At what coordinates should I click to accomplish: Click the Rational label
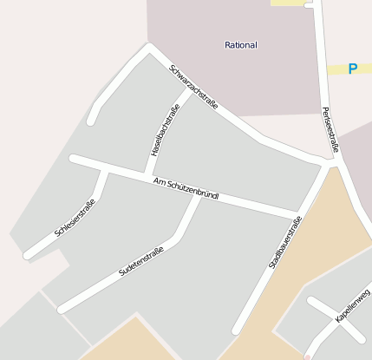click(x=240, y=44)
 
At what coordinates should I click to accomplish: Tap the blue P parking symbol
click(x=353, y=69)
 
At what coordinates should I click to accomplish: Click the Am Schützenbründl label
click(x=186, y=188)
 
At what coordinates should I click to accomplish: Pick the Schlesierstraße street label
click(x=75, y=218)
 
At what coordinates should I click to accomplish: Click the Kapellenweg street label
click(x=353, y=305)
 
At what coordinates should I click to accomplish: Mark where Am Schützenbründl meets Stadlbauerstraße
click(x=299, y=214)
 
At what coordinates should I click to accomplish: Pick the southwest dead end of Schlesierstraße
click(x=27, y=256)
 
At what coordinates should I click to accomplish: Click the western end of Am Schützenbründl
click(x=74, y=160)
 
